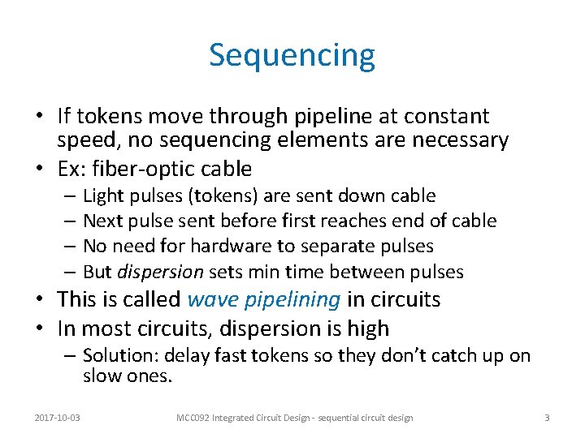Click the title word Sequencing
[292, 56]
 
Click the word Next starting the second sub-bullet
[102, 221]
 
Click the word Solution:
[118, 356]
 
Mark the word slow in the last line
[102, 376]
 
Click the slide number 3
[547, 418]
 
